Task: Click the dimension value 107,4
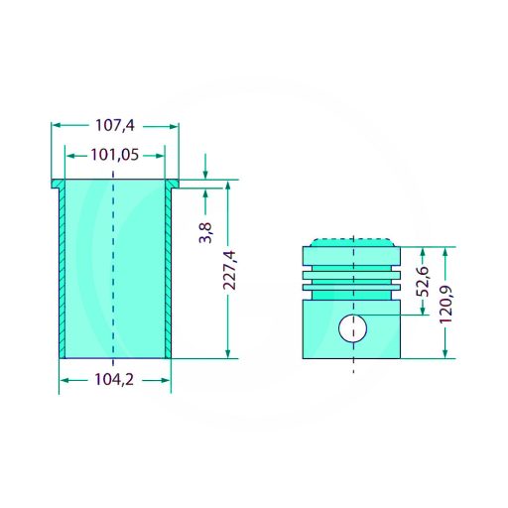[115, 126]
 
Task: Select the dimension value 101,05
[114, 155]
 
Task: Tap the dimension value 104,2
[114, 380]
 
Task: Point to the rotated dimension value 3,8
[205, 233]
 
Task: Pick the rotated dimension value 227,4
[229, 271]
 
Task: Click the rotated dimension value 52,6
[423, 281]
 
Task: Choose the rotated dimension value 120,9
[445, 304]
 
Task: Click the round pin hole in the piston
[353, 328]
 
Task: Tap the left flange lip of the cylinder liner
[59, 184]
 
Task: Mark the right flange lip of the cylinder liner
[172, 184]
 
